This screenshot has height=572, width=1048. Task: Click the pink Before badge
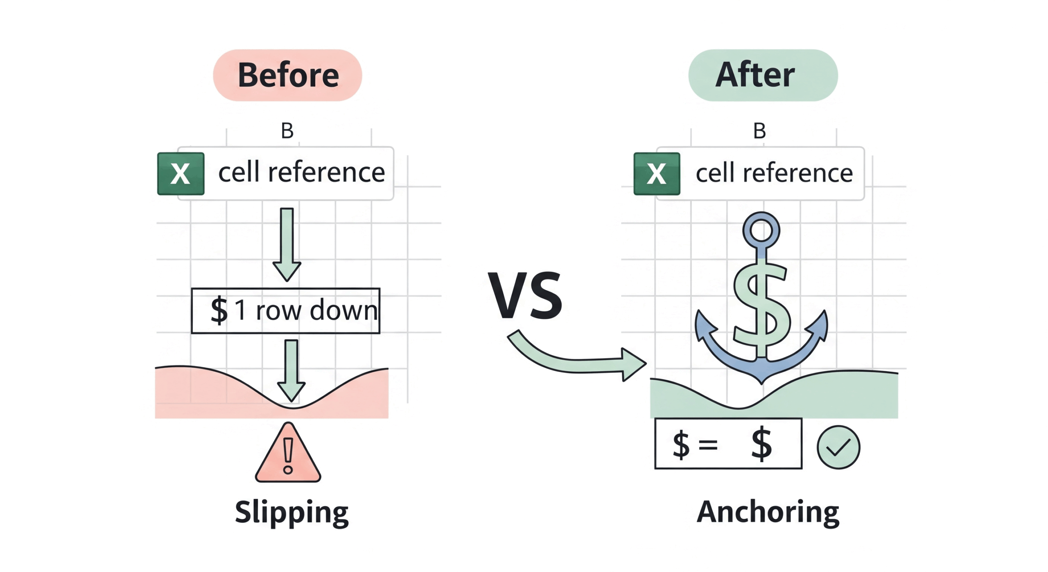[x=287, y=75]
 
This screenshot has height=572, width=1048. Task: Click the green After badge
[x=763, y=75]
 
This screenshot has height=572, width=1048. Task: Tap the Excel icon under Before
[x=181, y=174]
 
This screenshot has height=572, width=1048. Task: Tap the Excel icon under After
[x=657, y=174]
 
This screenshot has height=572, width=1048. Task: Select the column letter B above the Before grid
[x=287, y=131]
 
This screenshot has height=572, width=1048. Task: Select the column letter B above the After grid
[x=759, y=131]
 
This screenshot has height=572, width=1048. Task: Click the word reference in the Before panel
[x=326, y=173]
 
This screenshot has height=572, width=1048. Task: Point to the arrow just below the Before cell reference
[x=287, y=244]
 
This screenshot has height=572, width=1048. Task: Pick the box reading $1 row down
[x=285, y=311]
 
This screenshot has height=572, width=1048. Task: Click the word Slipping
[x=291, y=512]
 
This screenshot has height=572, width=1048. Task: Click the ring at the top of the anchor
[x=761, y=231]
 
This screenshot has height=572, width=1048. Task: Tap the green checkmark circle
[x=838, y=447]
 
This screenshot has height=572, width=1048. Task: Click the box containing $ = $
[x=728, y=443]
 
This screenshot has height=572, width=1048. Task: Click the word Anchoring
[x=768, y=512]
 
